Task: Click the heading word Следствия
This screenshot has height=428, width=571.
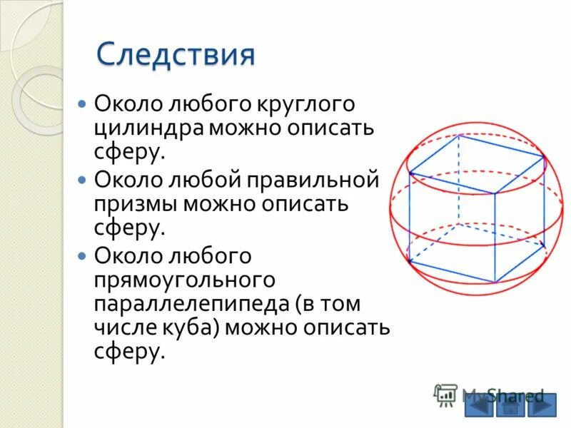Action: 176,55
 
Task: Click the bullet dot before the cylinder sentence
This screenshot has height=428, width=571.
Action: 82,104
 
